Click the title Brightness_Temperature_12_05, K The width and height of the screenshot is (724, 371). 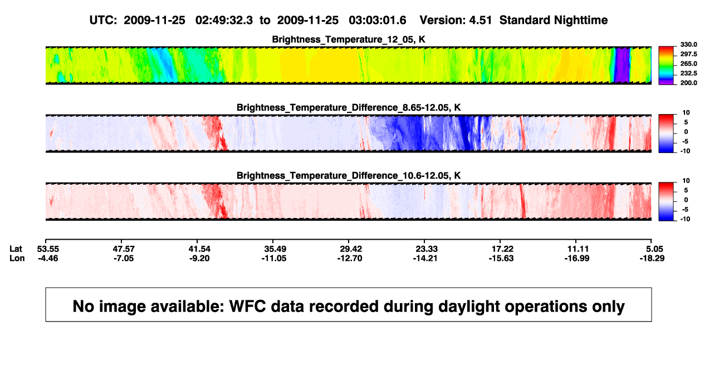tap(349, 39)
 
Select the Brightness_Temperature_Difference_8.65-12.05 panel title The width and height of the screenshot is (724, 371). tap(349, 107)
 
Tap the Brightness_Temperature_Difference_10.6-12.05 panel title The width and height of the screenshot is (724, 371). tap(349, 176)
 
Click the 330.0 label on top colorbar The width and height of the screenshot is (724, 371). tap(688, 44)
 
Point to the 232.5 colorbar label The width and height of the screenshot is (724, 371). tap(688, 73)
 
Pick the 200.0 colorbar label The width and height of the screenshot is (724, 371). tap(688, 83)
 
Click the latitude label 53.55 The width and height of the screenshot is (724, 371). tap(48, 249)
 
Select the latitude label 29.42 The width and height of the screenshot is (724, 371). tap(351, 249)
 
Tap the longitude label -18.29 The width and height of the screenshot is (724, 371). tap(652, 258)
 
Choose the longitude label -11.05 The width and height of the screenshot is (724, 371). tap(274, 258)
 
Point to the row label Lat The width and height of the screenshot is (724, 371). tap(16, 249)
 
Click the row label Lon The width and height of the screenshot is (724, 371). tap(17, 258)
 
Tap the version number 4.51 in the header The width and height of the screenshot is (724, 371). tap(480, 21)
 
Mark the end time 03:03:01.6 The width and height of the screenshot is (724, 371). tap(377, 21)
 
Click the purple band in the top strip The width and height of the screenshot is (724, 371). tap(622, 65)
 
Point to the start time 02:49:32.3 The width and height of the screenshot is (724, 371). tap(224, 21)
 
